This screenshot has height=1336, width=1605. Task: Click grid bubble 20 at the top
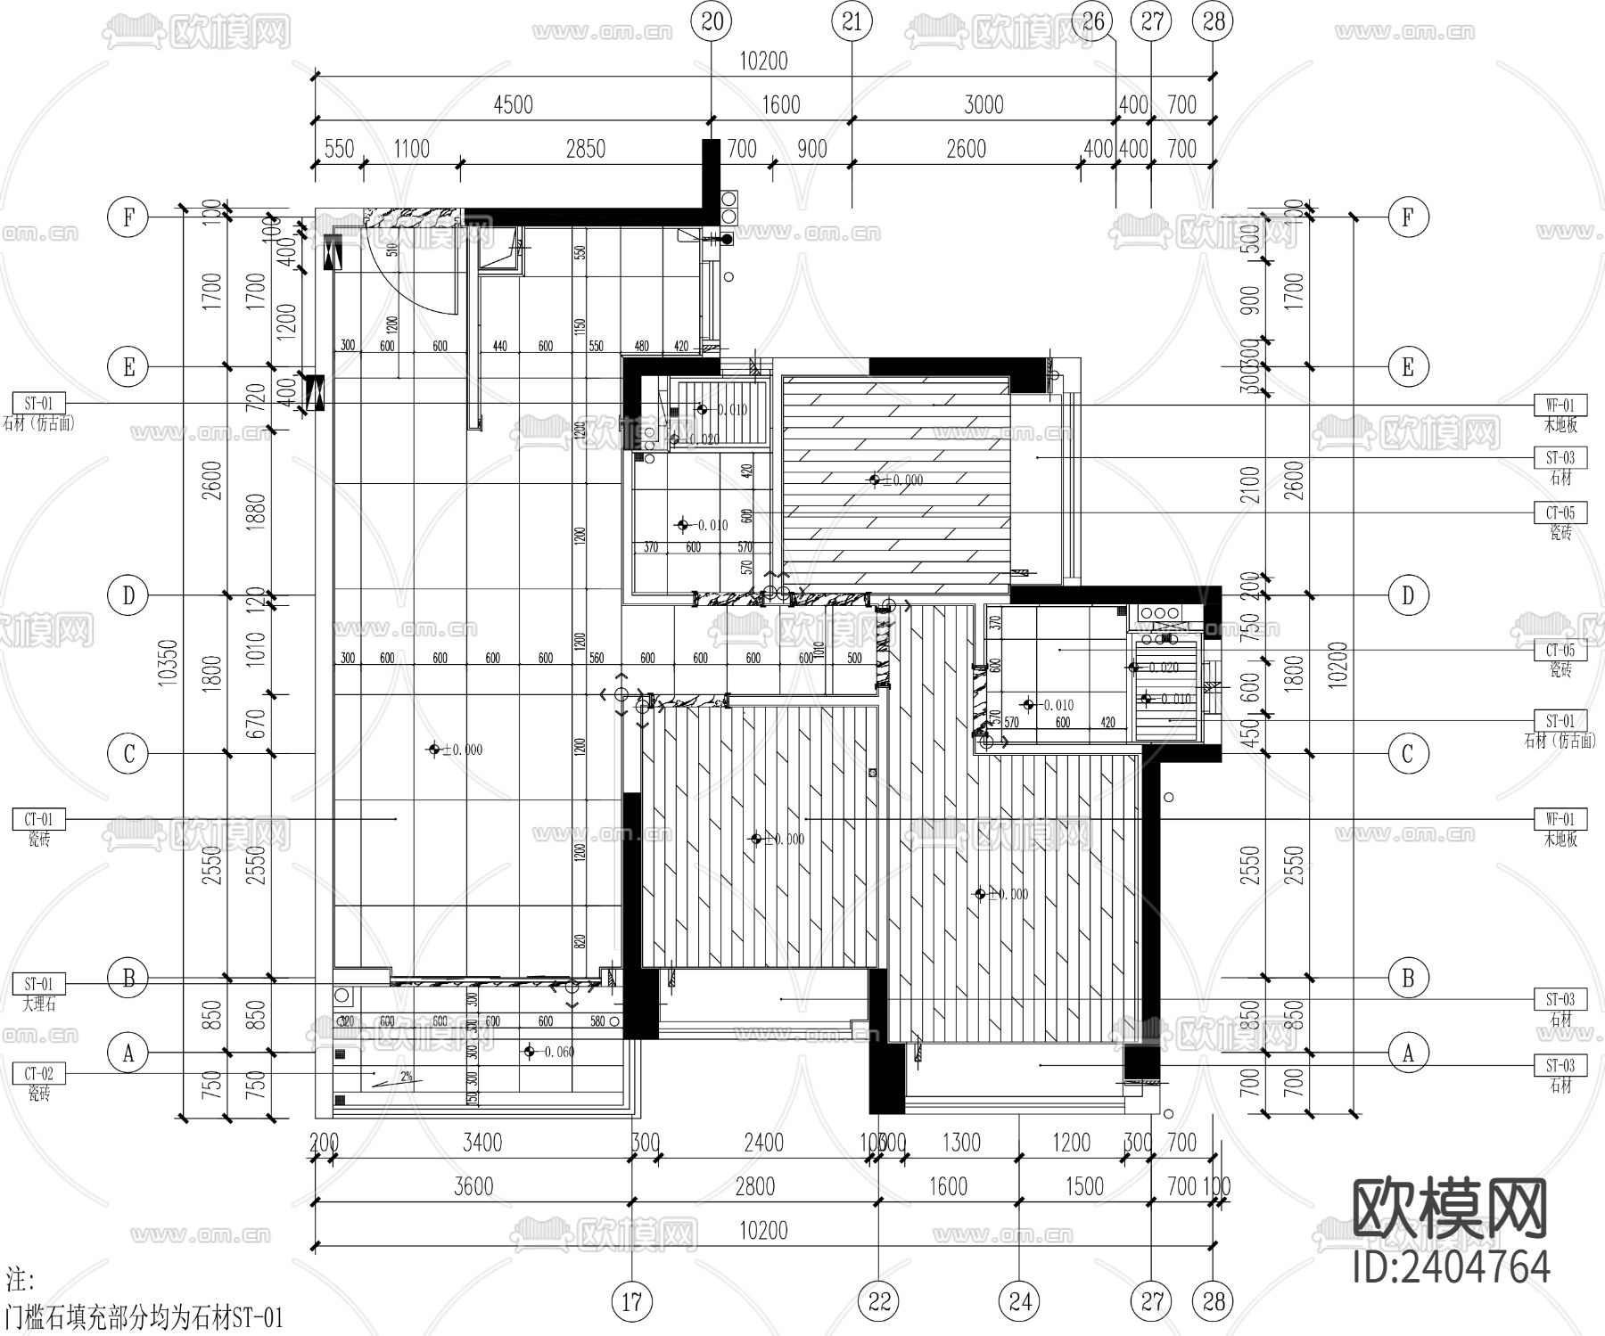712,20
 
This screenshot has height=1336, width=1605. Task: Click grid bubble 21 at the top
852,20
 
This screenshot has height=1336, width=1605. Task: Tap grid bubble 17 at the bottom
631,1302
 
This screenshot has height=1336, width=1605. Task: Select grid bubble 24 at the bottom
1020,1302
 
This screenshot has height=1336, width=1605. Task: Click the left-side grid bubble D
128,595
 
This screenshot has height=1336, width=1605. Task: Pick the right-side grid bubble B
1408,978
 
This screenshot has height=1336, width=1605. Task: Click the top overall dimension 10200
763,61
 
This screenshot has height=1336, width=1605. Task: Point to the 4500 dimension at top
513,105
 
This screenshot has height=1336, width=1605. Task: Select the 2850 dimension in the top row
585,149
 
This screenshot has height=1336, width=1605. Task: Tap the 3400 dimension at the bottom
481,1143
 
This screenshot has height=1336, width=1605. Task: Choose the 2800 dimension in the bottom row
755,1186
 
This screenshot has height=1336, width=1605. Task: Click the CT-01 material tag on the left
38,818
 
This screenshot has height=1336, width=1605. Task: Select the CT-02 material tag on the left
38,1074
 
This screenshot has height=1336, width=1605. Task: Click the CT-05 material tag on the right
1560,512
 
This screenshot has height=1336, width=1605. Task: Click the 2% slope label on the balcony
407,1077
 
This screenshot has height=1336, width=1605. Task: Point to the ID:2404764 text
1451,1266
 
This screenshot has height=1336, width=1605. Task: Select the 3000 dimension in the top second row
984,105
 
